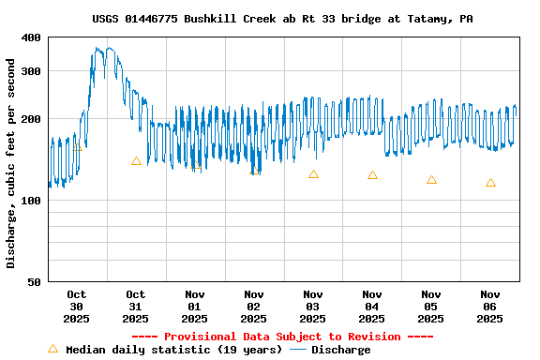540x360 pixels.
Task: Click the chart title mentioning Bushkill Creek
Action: tap(282, 19)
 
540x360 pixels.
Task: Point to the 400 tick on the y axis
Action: tap(31, 37)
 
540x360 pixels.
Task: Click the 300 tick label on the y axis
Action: tap(31, 71)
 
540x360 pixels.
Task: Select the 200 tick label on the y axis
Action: tap(31, 119)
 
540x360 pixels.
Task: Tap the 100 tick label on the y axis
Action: tap(31, 201)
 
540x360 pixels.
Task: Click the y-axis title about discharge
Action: tap(11, 163)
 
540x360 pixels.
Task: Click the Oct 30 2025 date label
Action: tap(77, 306)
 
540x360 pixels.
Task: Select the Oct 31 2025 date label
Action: tap(136, 306)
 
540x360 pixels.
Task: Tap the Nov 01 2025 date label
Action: tap(195, 306)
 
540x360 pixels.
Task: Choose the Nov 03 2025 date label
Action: tap(313, 306)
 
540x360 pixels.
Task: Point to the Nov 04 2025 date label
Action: tap(372, 306)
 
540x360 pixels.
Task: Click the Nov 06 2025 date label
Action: tap(490, 306)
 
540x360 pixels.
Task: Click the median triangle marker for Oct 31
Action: tap(136, 161)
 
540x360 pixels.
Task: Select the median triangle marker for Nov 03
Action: tap(313, 174)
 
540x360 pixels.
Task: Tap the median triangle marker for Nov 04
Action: tap(372, 175)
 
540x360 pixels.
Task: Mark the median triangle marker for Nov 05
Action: tap(431, 180)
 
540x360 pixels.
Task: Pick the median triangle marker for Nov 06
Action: tap(490, 183)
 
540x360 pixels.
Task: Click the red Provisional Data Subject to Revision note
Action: tap(282, 337)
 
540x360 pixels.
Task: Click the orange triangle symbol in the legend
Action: tap(52, 349)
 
